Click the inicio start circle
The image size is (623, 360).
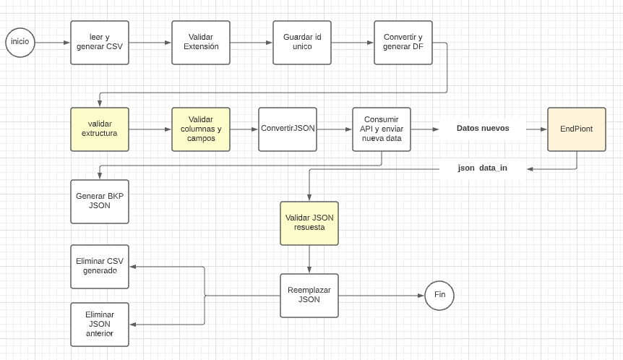coord(20,42)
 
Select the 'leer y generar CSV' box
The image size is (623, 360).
coord(100,43)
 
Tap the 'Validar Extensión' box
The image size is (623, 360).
coord(201,43)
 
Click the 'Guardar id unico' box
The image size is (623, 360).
coord(302,43)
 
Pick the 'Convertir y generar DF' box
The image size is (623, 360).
coord(403,43)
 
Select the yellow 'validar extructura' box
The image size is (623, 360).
coord(100,129)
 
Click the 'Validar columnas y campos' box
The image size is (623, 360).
coord(201,129)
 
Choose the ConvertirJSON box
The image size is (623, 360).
coord(288,129)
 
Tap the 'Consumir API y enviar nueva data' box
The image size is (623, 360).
coord(382,129)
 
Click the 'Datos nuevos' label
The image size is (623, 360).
coord(483,129)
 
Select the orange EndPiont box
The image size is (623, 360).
coord(577,129)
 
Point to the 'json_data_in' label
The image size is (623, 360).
coord(483,168)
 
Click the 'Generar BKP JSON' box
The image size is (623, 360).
coord(100,202)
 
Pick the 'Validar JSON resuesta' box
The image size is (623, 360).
coord(309,223)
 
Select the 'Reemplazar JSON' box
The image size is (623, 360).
coord(309,296)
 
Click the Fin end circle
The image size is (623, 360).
coord(439,295)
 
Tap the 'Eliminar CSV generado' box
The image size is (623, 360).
coord(100,267)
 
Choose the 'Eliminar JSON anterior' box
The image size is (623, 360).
coord(100,325)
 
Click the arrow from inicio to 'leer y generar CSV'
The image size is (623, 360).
coord(53,43)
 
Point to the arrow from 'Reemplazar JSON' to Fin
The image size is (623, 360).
coord(381,296)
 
